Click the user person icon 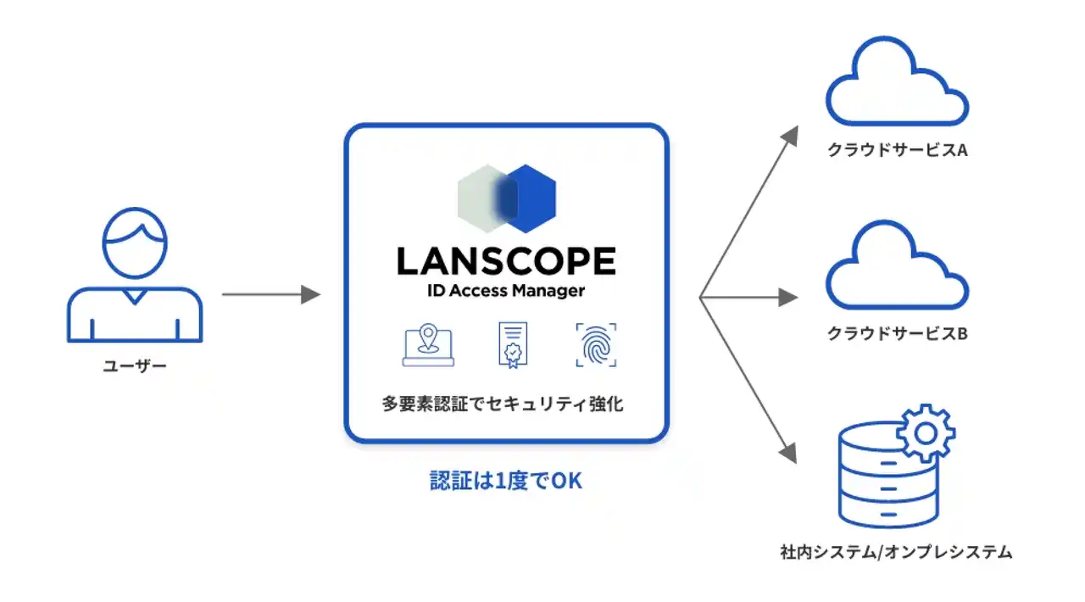[134, 276]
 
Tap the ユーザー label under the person [135, 366]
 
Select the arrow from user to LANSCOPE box [270, 295]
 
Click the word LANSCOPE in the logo [506, 261]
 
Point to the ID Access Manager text [506, 291]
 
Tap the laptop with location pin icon [428, 345]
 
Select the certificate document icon [511, 345]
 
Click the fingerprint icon [596, 344]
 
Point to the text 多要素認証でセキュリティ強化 [503, 404]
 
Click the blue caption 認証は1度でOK [506, 482]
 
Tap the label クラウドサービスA [898, 151]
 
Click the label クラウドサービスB [898, 333]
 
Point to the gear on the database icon [925, 432]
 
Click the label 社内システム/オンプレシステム [896, 553]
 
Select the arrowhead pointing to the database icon [791, 452]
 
